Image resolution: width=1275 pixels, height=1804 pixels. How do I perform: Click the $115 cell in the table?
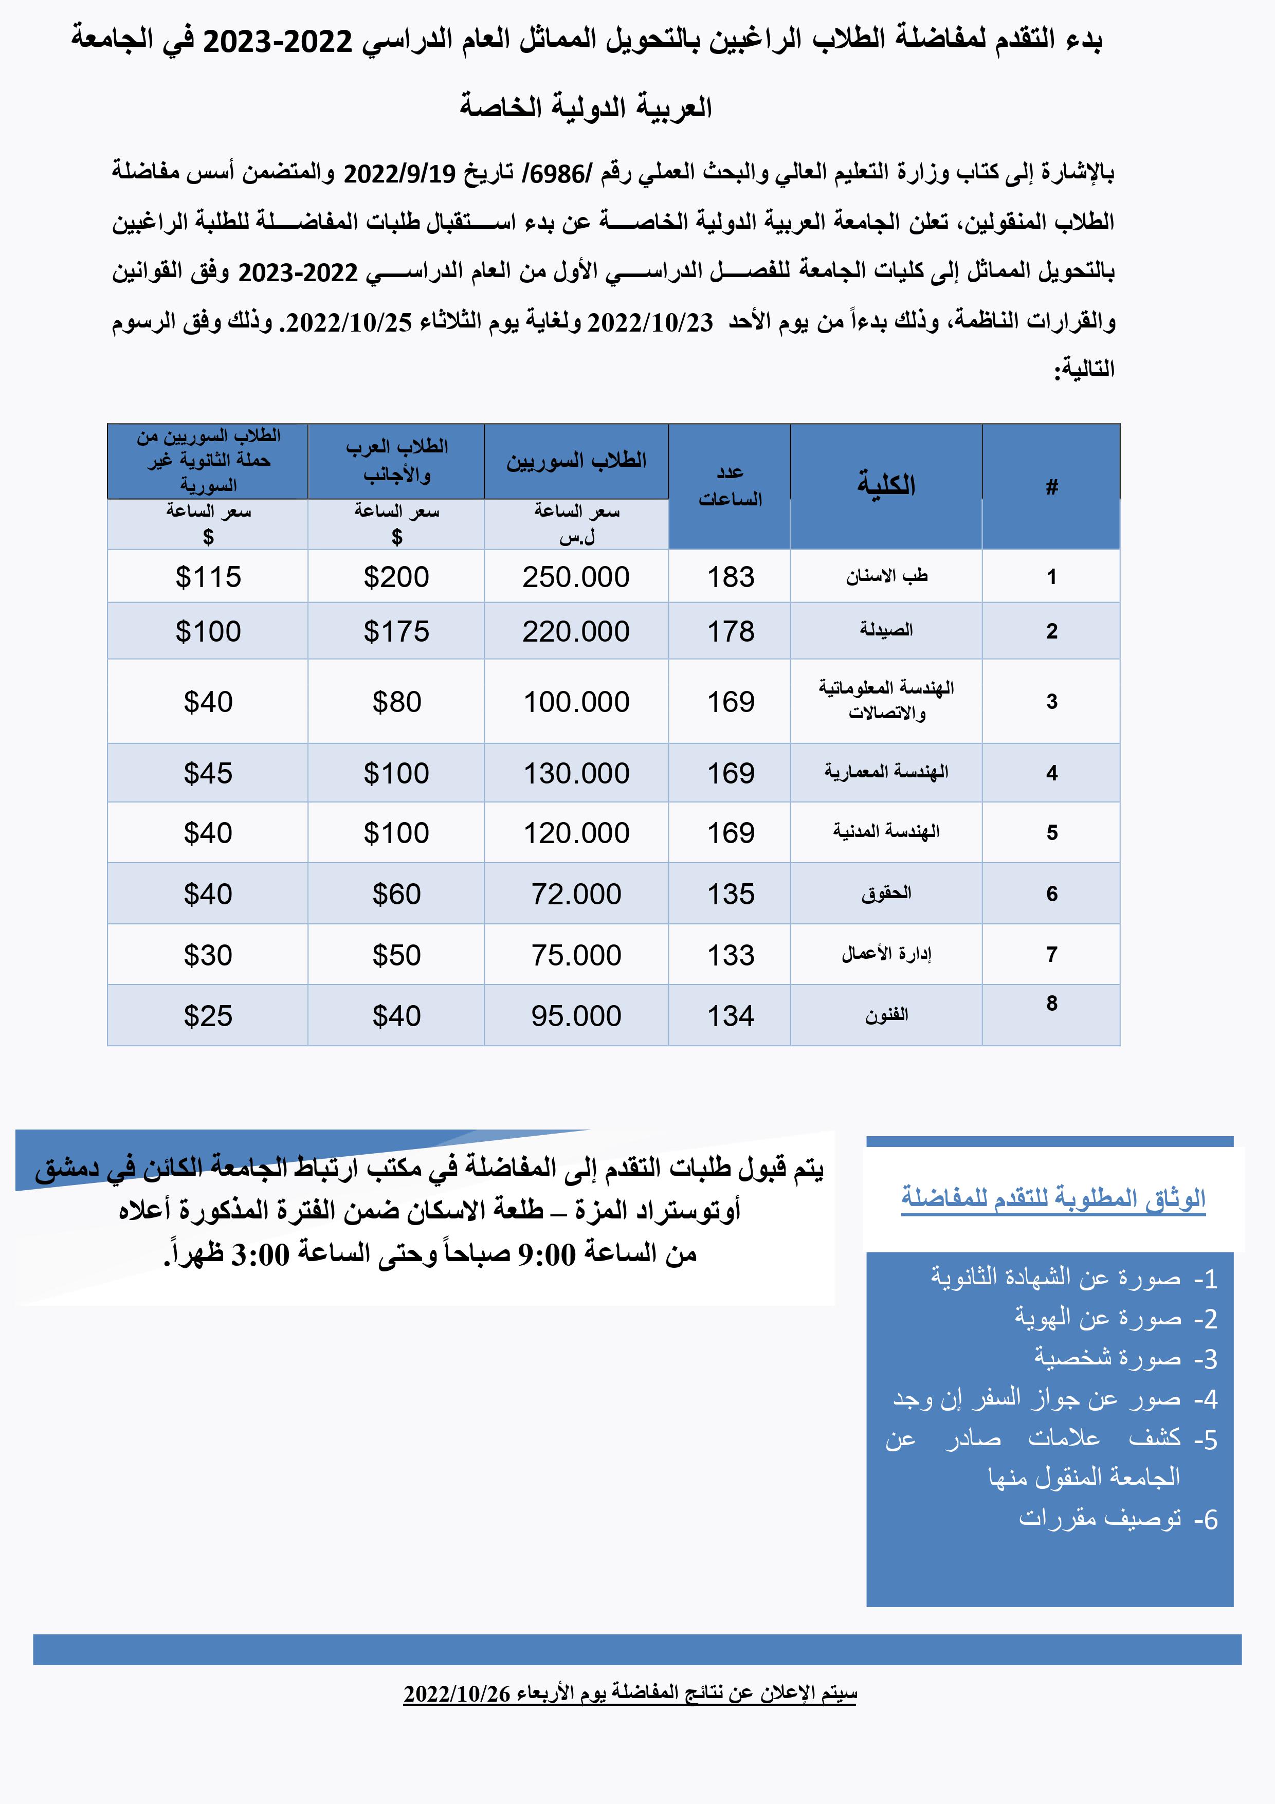pyautogui.click(x=208, y=577)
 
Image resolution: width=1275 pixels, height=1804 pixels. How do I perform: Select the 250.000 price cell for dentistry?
pyautogui.click(x=576, y=577)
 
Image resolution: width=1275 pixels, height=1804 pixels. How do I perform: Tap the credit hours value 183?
pyautogui.click(x=731, y=577)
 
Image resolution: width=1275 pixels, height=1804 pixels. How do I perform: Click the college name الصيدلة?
pyautogui.click(x=886, y=630)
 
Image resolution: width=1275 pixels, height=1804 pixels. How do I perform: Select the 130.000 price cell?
pyautogui.click(x=576, y=773)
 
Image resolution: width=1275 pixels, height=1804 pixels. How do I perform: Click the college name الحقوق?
pyautogui.click(x=886, y=894)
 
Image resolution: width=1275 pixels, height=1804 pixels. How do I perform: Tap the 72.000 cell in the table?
pyautogui.click(x=576, y=894)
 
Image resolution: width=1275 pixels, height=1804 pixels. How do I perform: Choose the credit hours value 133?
pyautogui.click(x=731, y=955)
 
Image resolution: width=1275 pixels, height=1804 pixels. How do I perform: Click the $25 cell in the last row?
pyautogui.click(x=208, y=1016)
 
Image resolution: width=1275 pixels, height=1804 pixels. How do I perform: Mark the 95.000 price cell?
pyautogui.click(x=576, y=1016)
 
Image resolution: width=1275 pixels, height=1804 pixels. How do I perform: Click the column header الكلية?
pyautogui.click(x=886, y=485)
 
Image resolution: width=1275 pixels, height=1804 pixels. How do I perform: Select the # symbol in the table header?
pyautogui.click(x=1052, y=487)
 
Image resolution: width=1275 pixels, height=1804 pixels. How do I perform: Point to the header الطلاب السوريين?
pyautogui.click(x=576, y=461)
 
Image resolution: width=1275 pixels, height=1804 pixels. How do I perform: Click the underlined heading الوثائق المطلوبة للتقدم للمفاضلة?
pyautogui.click(x=1053, y=1199)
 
